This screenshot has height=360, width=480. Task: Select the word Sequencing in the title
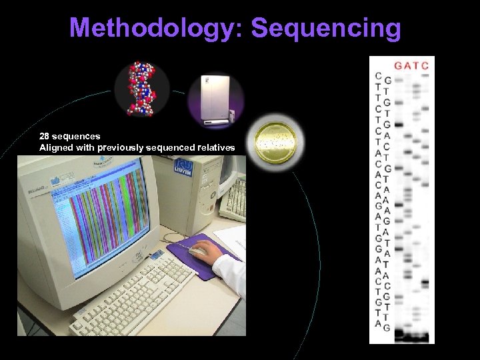[327, 28]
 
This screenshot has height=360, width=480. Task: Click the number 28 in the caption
[44, 136]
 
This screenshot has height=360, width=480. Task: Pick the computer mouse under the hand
[199, 251]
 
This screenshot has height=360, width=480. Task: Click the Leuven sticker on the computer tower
[183, 165]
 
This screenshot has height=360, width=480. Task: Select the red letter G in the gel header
[399, 65]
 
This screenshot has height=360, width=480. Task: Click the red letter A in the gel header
[407, 65]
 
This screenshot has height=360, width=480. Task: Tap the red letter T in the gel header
[416, 65]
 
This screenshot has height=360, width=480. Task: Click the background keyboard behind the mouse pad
[233, 200]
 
